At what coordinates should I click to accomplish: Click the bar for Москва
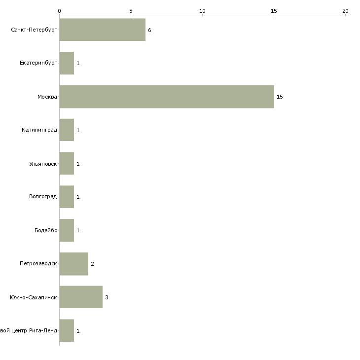tap(167, 97)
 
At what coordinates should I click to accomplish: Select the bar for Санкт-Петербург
tap(103, 30)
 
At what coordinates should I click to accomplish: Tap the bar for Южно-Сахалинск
tap(81, 297)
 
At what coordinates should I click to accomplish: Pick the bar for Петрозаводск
tap(74, 264)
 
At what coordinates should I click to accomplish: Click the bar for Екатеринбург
tap(67, 63)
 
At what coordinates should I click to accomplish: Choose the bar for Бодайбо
tap(67, 230)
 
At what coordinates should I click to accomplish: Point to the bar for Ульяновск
tap(67, 163)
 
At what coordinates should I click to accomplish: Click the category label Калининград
tap(39, 130)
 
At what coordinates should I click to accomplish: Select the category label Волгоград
tap(43, 197)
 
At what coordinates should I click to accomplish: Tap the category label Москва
tap(47, 97)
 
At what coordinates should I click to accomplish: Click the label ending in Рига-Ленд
tap(29, 330)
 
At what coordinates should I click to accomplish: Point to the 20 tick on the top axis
tap(345, 15)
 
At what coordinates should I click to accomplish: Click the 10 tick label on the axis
tap(202, 11)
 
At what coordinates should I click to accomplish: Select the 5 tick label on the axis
tap(131, 11)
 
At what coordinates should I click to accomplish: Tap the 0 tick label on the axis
tap(60, 11)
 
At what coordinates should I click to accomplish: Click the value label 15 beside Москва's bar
tap(280, 97)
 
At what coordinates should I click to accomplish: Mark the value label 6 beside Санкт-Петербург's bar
tap(149, 30)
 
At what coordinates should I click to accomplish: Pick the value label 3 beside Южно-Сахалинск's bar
tap(107, 297)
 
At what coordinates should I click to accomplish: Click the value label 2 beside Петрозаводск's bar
tap(92, 264)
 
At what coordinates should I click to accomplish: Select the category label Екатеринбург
tap(38, 63)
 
